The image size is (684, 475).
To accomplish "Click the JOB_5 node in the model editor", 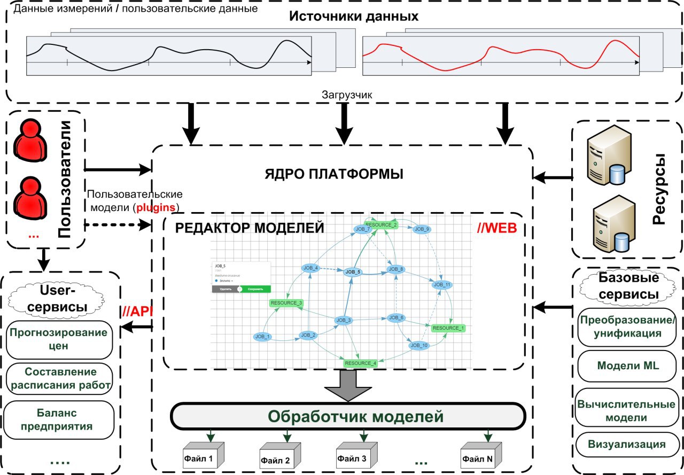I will tap(353, 272).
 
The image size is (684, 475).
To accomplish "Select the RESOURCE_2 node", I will tap(381, 224).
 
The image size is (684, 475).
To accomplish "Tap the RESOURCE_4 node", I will tap(361, 363).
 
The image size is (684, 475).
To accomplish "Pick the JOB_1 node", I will tap(263, 337).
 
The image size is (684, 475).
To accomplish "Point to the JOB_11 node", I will tap(441, 285).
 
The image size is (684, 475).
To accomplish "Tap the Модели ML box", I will tap(627, 366).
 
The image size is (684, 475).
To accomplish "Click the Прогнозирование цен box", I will tap(59, 339).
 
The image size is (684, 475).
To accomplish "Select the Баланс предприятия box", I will tap(59, 419).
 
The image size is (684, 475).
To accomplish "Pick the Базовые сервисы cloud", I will tap(628, 286).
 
